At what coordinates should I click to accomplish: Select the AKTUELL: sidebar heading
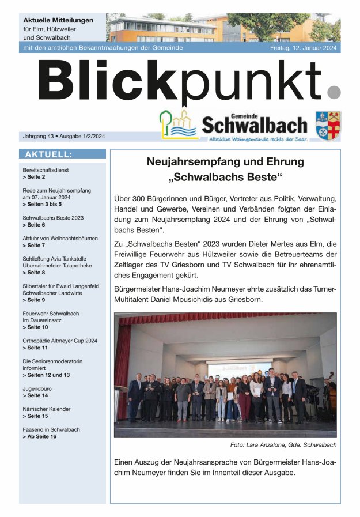click(48, 154)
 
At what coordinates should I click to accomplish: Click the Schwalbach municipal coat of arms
click(328, 126)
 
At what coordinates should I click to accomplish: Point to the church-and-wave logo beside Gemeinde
click(179, 125)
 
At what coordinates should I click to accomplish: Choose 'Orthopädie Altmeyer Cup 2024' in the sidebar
click(60, 341)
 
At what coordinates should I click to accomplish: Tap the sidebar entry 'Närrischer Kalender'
click(47, 409)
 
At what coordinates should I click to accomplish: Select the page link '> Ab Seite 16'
click(39, 437)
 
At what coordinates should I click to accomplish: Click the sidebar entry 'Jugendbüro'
click(37, 388)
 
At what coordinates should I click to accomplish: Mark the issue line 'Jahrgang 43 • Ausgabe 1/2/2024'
click(63, 137)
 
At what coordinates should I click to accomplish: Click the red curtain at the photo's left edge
click(122, 369)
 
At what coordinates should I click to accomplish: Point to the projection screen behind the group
click(239, 367)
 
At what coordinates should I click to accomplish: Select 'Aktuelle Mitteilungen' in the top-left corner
click(58, 20)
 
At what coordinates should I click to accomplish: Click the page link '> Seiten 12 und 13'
click(46, 375)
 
